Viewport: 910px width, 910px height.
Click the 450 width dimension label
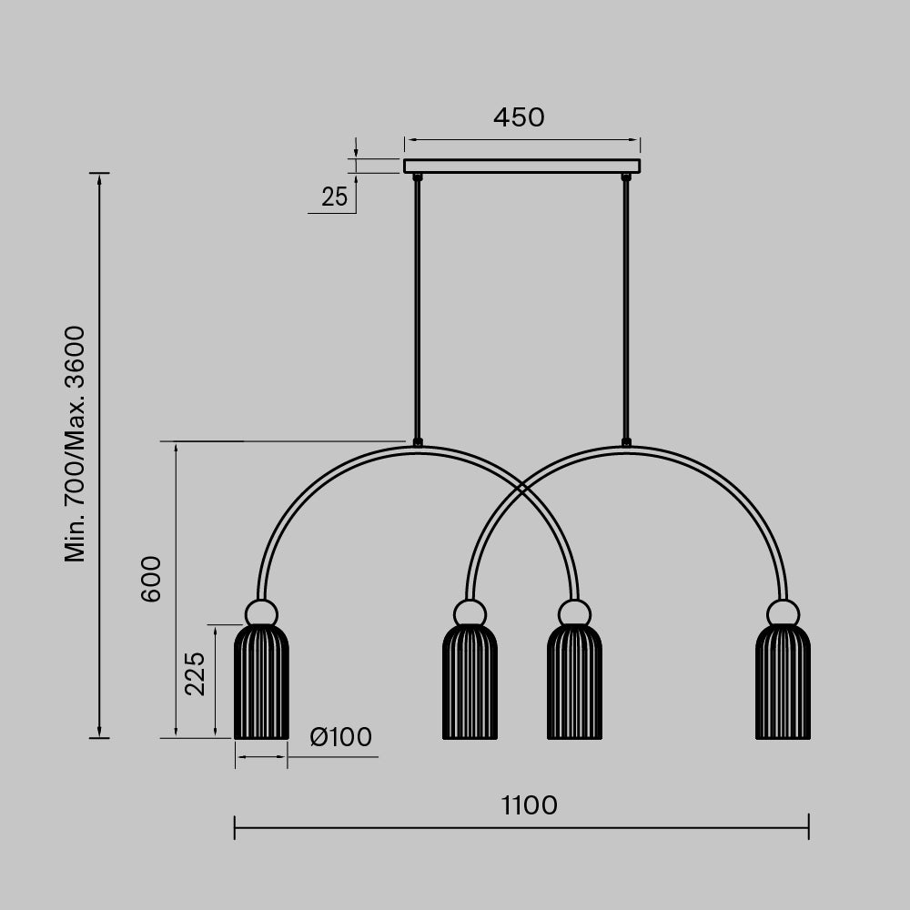pyautogui.click(x=519, y=117)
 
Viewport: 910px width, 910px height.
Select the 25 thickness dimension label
pyautogui.click(x=334, y=197)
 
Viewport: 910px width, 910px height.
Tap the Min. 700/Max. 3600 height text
pyautogui.click(x=76, y=443)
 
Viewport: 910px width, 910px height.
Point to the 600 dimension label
pyautogui.click(x=151, y=579)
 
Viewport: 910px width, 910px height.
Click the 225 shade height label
pyautogui.click(x=195, y=673)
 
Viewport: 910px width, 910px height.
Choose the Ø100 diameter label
pyautogui.click(x=340, y=737)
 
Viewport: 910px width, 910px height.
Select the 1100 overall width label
pyautogui.click(x=529, y=805)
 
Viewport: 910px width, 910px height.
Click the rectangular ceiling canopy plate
pyautogui.click(x=521, y=166)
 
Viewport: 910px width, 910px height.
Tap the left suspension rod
pyautogui.click(x=418, y=309)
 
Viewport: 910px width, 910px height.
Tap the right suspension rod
pyautogui.click(x=626, y=309)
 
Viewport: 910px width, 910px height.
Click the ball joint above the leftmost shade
pyautogui.click(x=261, y=612)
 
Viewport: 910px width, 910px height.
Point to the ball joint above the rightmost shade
pyautogui.click(x=783, y=612)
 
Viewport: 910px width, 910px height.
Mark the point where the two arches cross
pyautogui.click(x=521, y=490)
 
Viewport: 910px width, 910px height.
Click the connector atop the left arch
pyautogui.click(x=418, y=443)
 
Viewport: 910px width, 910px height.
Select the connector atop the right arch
pyautogui.click(x=626, y=443)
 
